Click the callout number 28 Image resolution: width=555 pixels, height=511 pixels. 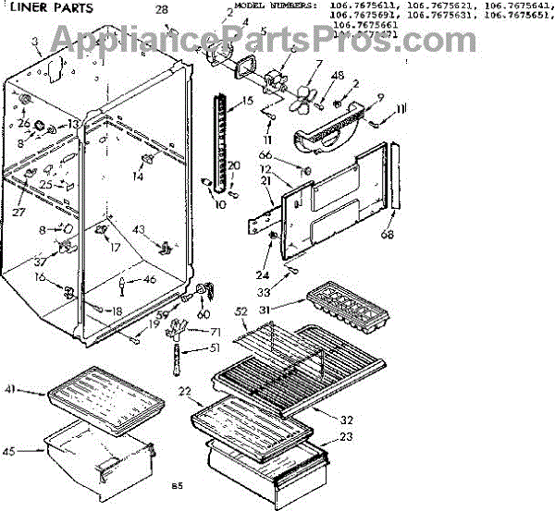pos(161,9)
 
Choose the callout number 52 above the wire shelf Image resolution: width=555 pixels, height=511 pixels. pos(241,312)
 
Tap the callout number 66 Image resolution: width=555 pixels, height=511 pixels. pos(264,154)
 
